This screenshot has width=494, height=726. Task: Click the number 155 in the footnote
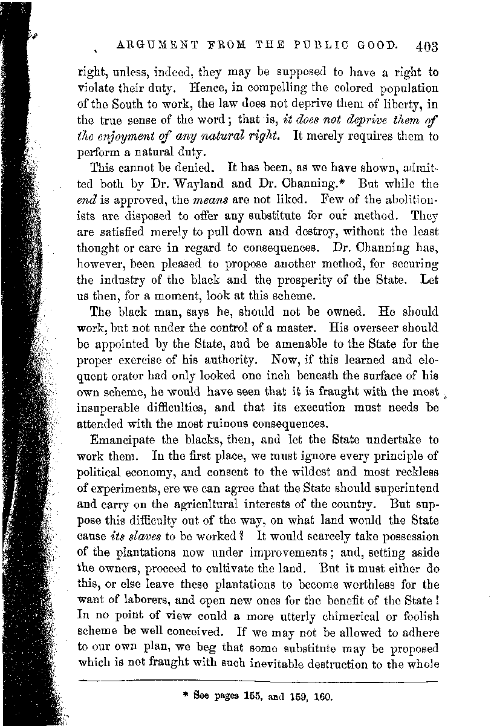247,695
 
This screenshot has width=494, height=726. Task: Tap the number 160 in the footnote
324,695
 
